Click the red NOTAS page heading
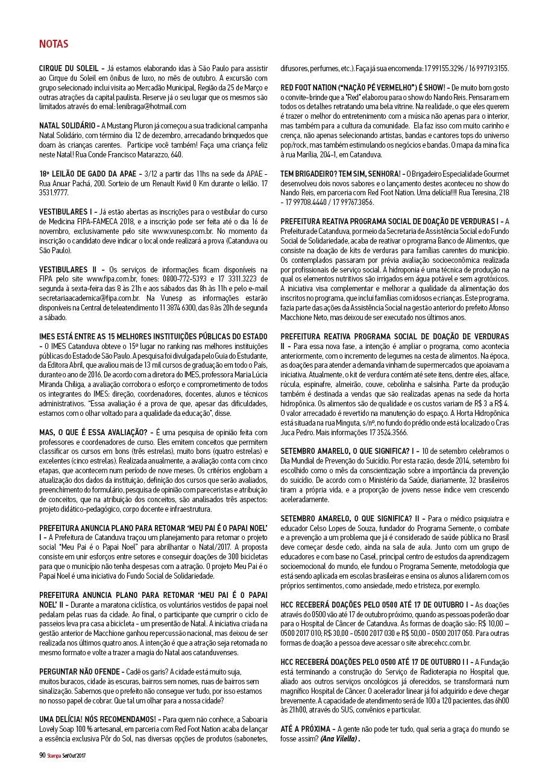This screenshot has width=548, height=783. click(x=53, y=44)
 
